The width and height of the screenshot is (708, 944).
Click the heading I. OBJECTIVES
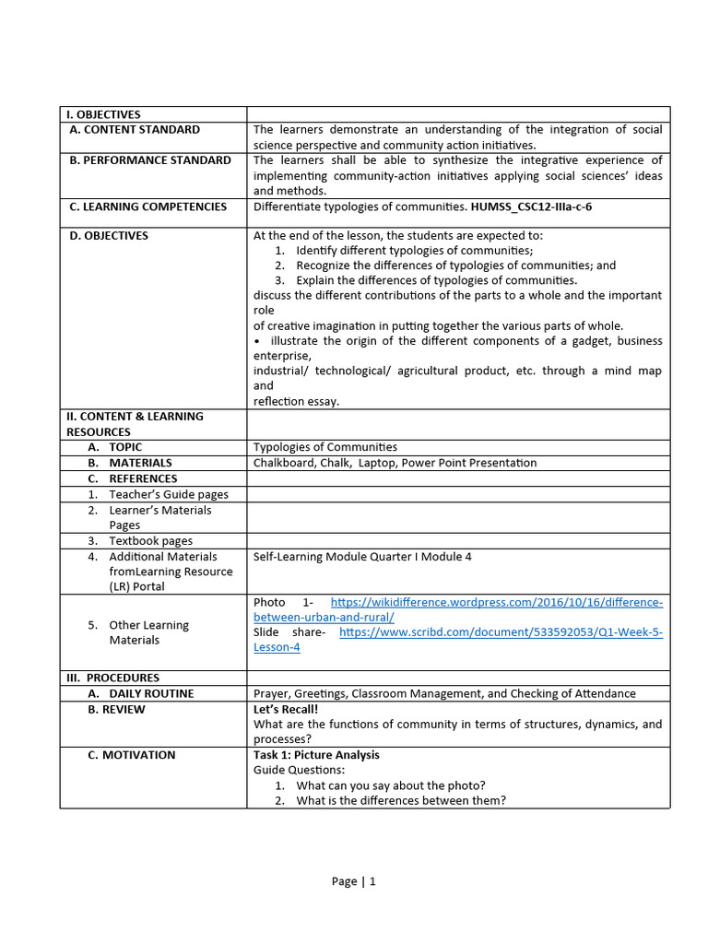point(103,114)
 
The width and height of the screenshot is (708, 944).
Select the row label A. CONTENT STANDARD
point(135,130)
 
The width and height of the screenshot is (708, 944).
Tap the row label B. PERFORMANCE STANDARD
point(150,160)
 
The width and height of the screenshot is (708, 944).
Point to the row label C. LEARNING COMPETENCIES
point(147,206)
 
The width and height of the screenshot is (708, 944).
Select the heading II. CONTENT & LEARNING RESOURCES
point(135,424)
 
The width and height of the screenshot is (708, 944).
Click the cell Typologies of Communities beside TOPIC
point(325,447)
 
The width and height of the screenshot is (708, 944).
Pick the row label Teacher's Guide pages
point(168,494)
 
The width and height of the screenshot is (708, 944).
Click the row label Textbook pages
point(150,541)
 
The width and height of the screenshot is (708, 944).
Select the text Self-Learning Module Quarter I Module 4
point(362,557)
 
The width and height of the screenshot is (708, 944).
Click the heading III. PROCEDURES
point(112,678)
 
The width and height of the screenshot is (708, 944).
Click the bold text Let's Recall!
point(285,710)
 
